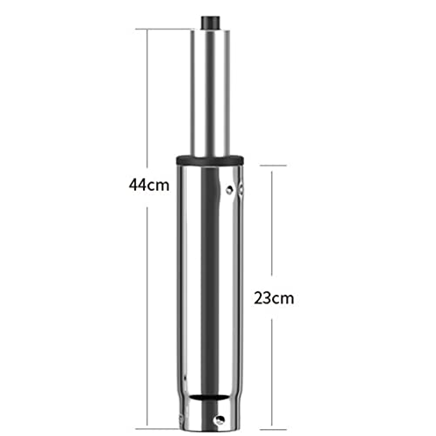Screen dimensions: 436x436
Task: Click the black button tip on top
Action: point(210,23)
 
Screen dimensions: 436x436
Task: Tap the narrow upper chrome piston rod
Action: point(210,92)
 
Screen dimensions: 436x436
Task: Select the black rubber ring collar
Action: point(210,160)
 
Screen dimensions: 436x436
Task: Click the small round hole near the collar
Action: point(230,190)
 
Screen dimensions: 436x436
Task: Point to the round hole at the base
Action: point(218,419)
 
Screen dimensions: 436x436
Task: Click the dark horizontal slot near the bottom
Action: point(210,397)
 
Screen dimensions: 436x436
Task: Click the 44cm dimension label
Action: point(149,185)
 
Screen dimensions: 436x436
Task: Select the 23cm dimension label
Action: point(274,298)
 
